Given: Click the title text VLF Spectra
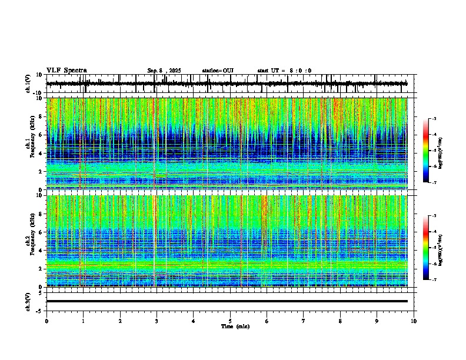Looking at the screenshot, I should pos(66,70).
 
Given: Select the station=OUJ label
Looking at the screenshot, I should pos(218,71).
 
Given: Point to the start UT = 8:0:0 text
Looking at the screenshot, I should pos(284,71).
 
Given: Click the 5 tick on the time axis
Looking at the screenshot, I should pos(230,321).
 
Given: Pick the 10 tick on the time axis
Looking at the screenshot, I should pos(414,321).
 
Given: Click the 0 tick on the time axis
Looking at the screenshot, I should pos(46,321).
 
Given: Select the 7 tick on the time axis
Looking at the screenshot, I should pos(303,321).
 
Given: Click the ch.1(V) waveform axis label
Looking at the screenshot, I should pos(28,84).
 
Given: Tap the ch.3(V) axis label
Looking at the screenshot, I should pos(28,301).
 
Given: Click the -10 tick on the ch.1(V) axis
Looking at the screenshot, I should pos(38,93).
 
